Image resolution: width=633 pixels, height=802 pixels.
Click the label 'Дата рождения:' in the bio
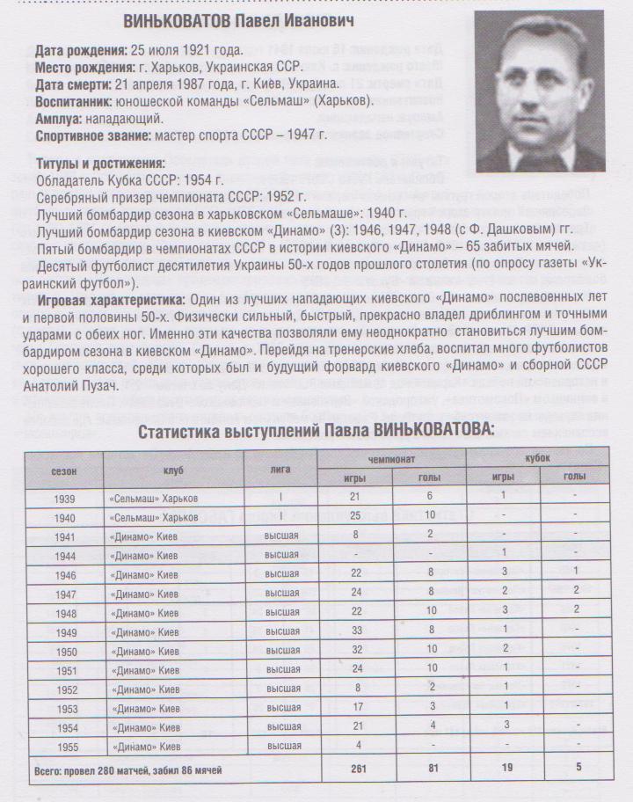pos(81,51)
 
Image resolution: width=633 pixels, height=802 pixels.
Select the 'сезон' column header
pos(63,470)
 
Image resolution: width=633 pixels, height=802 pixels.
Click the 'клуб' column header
pos(172,470)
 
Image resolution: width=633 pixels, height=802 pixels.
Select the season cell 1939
pos(63,497)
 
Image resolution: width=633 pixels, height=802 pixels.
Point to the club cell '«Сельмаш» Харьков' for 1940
pos(154,518)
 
